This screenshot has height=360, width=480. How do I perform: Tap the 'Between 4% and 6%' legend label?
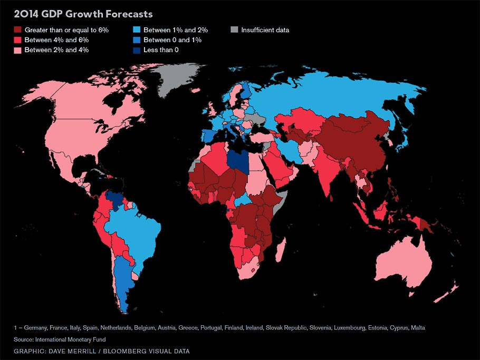pyautogui.click(x=56, y=40)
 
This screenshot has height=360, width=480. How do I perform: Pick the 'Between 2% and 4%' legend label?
pyautogui.click(x=56, y=50)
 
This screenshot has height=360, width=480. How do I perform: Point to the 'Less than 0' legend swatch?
pyautogui.click(x=136, y=50)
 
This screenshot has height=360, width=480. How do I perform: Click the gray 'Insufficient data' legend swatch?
pyautogui.click(x=234, y=30)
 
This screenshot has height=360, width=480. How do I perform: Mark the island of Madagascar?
pyautogui.click(x=282, y=250)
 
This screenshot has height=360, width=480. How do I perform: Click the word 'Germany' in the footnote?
pyautogui.click(x=35, y=327)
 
